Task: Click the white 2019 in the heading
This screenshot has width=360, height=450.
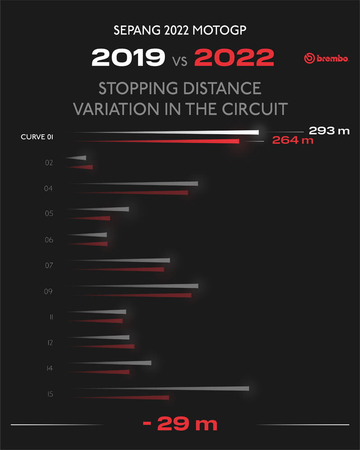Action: (128, 58)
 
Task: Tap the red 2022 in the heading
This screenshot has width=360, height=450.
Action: (234, 58)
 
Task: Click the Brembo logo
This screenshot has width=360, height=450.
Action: (326, 58)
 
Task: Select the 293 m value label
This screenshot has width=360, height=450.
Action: (329, 131)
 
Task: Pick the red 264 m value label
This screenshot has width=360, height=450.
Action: (292, 140)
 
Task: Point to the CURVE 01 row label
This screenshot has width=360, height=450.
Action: (37, 137)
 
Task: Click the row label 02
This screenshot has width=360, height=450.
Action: (49, 162)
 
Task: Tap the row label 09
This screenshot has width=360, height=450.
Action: (49, 291)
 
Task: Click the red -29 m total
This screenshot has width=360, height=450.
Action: (180, 424)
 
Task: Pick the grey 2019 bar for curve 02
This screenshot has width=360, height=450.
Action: (79, 157)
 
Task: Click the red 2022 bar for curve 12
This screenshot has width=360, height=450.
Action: (117, 346)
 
